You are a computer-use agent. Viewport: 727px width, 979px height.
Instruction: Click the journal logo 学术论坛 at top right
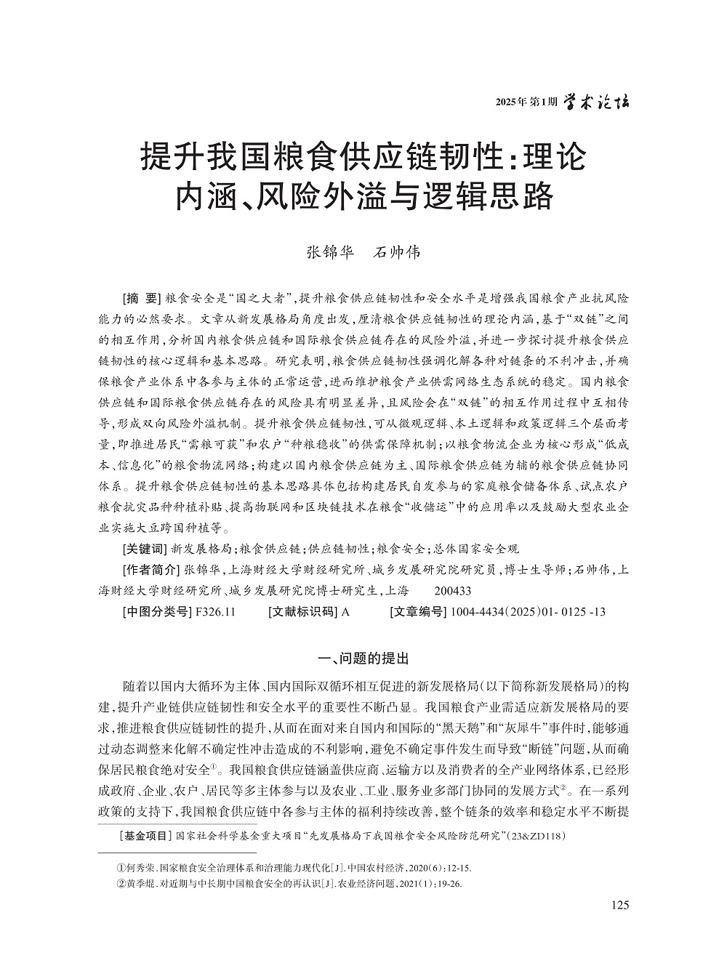tap(597, 102)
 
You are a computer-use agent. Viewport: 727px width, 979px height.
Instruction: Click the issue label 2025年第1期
tap(526, 102)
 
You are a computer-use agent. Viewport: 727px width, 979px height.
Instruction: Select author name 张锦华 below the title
tap(329, 253)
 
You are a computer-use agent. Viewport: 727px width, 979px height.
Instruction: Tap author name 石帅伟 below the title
tap(396, 253)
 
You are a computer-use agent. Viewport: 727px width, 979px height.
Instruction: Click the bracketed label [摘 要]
tap(141, 299)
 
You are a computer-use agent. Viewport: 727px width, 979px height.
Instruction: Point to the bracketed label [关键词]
tap(144, 549)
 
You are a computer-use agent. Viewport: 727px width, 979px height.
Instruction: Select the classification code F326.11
tap(215, 612)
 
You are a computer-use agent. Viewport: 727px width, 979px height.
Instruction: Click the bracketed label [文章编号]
tap(418, 612)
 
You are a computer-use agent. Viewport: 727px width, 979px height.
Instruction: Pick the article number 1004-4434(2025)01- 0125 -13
tap(528, 612)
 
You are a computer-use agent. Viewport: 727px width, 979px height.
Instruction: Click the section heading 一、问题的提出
tap(364, 659)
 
